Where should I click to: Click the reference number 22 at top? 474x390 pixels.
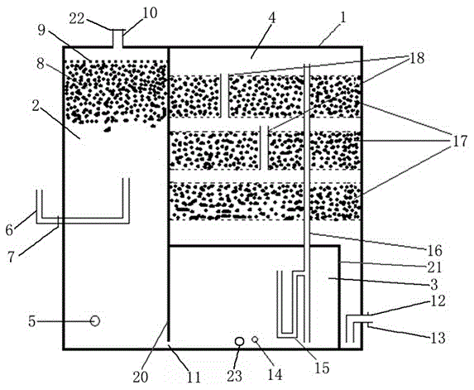pos(77,19)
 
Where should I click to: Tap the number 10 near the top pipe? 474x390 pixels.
pos(150,13)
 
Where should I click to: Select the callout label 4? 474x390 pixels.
pos(272,18)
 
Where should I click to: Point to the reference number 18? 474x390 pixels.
pos(417,58)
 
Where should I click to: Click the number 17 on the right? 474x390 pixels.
pos(460,142)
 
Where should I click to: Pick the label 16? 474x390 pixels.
pos(434,251)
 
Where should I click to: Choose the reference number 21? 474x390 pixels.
pos(434,267)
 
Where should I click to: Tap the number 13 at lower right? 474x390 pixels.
pos(438,338)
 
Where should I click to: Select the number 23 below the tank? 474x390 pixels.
pos(235,376)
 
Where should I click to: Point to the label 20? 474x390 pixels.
pos(141,378)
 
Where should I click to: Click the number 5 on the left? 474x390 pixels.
pos(32,321)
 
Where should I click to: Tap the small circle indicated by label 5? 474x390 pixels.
pos(95,320)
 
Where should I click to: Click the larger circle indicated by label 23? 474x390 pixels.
pos(239,341)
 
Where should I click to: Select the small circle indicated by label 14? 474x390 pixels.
pos(255,339)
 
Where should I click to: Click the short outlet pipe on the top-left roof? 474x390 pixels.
pos(117,38)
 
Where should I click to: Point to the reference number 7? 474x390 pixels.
pos(11,258)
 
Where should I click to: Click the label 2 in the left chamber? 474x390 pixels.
pos(36,106)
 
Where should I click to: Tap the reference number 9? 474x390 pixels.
pos(41,31)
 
